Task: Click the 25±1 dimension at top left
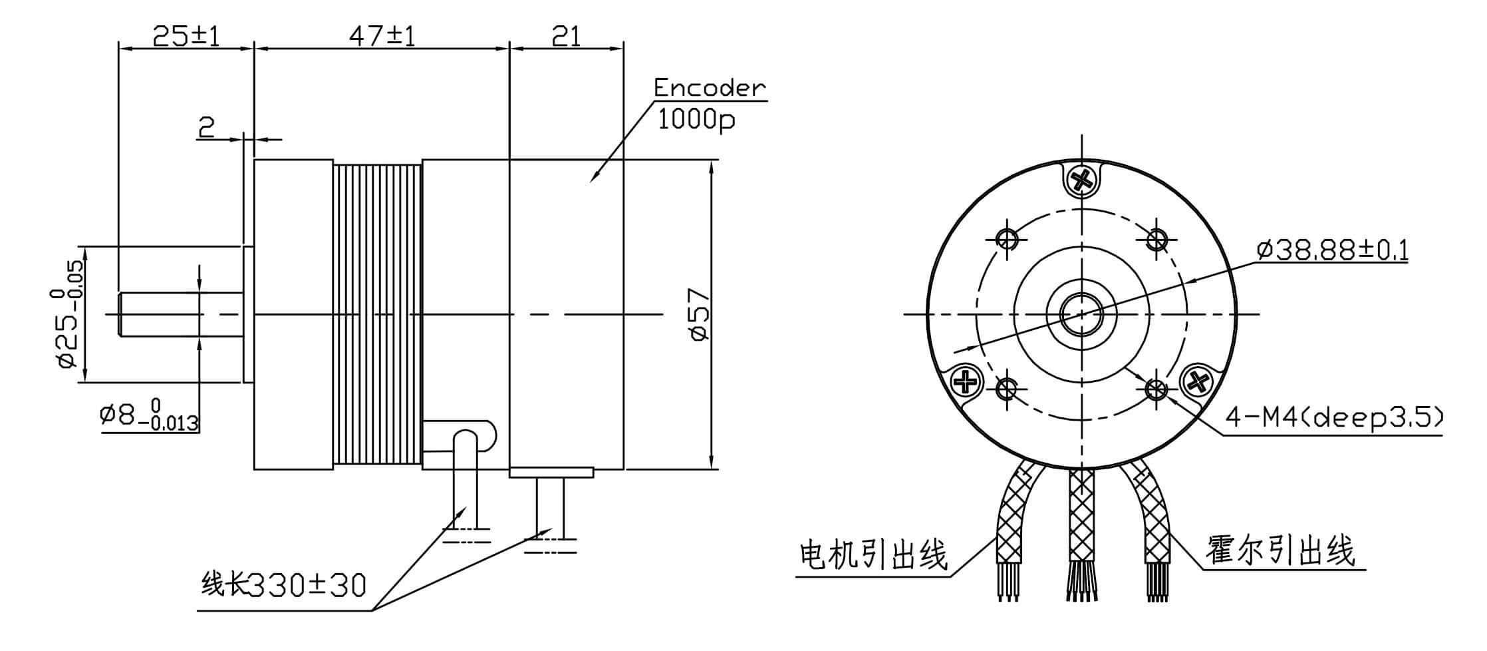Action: pos(186,36)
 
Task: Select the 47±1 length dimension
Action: pos(382,36)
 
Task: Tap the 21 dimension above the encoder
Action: pos(566,36)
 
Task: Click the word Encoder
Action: pos(709,88)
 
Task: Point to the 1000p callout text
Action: pos(696,120)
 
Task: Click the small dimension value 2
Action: pos(207,127)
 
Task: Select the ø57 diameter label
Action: pos(700,314)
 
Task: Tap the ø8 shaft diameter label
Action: pos(149,417)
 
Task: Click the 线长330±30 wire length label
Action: pos(283,585)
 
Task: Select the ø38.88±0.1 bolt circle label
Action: pos(1332,250)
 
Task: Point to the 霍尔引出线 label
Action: pos(1280,551)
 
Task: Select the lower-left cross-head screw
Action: pos(966,381)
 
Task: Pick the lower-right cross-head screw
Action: pos(1198,381)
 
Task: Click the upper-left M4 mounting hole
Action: pos(1008,238)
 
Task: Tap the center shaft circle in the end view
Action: pos(1082,314)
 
